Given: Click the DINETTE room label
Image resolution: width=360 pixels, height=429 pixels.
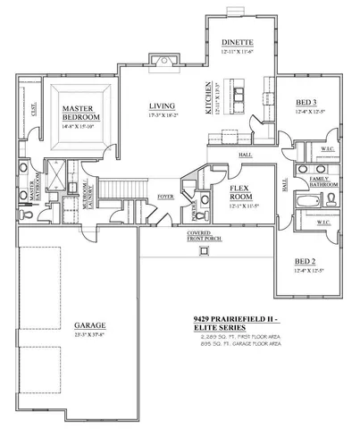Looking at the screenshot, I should (238, 42).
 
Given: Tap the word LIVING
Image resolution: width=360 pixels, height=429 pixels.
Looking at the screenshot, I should (162, 106).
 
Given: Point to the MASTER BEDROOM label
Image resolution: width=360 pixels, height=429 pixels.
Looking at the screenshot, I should (80, 113).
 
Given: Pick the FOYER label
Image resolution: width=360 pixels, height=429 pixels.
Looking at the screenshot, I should (165, 195).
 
